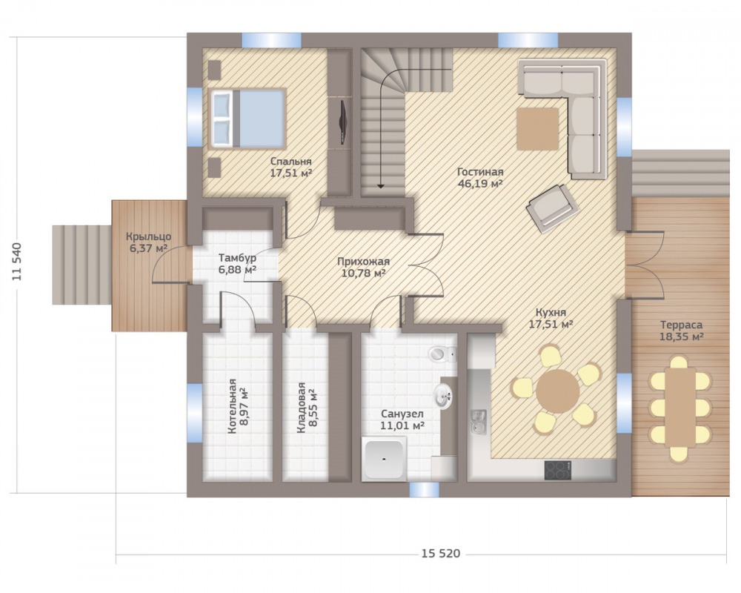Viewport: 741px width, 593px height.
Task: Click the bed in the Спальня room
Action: coord(247,118)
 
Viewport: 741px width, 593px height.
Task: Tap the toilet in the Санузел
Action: coord(442,354)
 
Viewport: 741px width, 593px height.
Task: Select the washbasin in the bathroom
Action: coord(443,396)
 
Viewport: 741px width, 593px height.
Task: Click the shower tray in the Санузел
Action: coord(384,458)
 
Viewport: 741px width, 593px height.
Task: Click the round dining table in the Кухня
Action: coord(558,391)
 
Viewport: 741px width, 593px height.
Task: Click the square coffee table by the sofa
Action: coord(538,129)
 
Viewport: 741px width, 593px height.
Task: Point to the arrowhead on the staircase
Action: coord(381,185)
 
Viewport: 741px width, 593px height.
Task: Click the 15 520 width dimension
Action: coord(440,553)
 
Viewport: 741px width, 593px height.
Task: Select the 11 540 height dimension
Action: coord(18,262)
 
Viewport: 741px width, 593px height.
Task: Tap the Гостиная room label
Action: coord(480,172)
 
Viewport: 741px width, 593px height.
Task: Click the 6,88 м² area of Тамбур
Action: coord(237,270)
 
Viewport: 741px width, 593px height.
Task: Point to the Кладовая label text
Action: coord(301,408)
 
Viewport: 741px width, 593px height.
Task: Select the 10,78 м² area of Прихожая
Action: coord(363,273)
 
